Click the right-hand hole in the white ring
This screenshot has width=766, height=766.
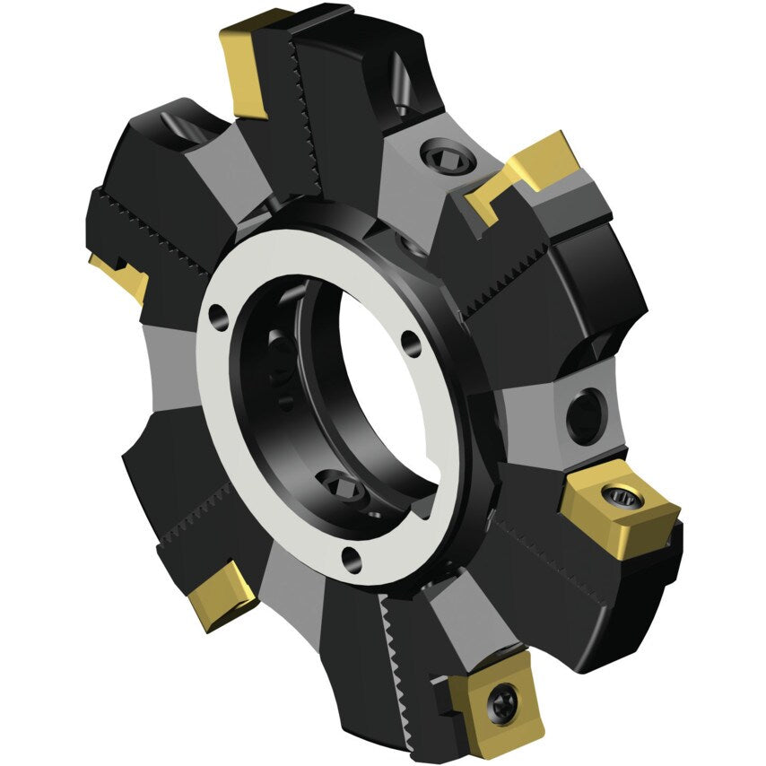(410, 341)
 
